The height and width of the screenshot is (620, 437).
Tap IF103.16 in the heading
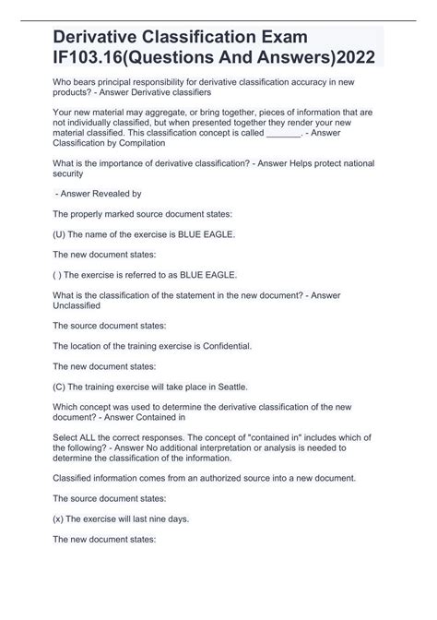pyautogui.click(x=101, y=57)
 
